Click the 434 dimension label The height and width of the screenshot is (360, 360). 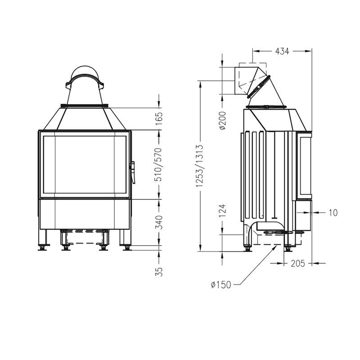pyautogui.click(x=282, y=51)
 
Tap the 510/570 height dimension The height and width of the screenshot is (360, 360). pyautogui.click(x=159, y=165)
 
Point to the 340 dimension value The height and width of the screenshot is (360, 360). pyautogui.click(x=159, y=222)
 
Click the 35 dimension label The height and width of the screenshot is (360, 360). pyautogui.click(x=159, y=272)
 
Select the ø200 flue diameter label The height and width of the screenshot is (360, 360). pyautogui.click(x=222, y=120)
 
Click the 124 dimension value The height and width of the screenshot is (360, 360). pyautogui.click(x=222, y=211)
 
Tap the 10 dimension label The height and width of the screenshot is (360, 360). pyautogui.click(x=333, y=213)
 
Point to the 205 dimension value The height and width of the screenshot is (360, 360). pyautogui.click(x=298, y=263)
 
